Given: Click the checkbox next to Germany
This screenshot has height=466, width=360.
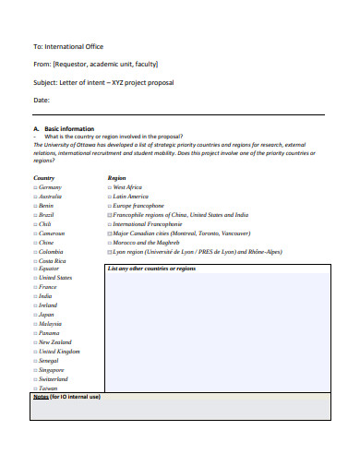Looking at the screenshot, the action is click(x=35, y=187).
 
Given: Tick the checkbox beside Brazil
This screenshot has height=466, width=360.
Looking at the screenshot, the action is click(x=35, y=214).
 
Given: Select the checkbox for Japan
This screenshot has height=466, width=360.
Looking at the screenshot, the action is click(x=35, y=315).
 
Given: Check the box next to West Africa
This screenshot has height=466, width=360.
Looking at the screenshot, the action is click(x=109, y=187).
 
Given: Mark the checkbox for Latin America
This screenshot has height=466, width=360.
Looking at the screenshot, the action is click(x=109, y=197).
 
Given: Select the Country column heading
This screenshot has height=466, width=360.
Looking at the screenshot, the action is click(x=43, y=177).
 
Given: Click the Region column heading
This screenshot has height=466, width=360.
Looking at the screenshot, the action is click(x=116, y=177).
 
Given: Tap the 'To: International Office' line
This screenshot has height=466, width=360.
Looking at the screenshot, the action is click(x=68, y=46).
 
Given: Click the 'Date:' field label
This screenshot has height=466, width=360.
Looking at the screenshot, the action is click(x=42, y=100).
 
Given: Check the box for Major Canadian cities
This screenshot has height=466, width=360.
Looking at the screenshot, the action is click(x=109, y=233).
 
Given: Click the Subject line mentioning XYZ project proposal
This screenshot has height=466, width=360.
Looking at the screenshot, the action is click(x=102, y=82).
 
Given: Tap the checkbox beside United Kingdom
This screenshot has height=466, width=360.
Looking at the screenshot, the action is click(x=35, y=352).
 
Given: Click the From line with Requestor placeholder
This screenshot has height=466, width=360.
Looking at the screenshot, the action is click(x=95, y=65).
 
